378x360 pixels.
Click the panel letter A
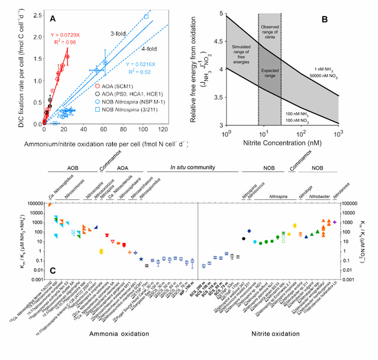[53, 20]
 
